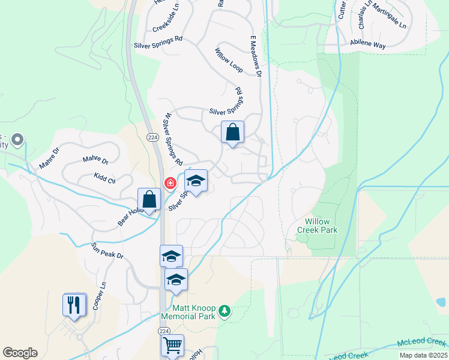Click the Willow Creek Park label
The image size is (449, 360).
pos(318,225)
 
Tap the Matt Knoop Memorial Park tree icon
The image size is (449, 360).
pos(224,310)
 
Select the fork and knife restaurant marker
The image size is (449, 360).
pos(74,304)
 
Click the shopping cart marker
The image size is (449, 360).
pos(172,345)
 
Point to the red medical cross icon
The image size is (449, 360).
pos(169,182)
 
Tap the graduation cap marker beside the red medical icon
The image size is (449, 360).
pos(195,180)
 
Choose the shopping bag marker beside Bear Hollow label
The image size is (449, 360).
pos(149,199)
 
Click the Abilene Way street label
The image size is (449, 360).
pos(369,44)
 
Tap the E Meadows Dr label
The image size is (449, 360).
pos(256,56)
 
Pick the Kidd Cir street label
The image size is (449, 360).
pos(104,178)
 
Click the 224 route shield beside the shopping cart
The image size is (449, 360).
pos(164,331)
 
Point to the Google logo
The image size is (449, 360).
pos(20,353)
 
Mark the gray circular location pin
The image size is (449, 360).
pos(17,140)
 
